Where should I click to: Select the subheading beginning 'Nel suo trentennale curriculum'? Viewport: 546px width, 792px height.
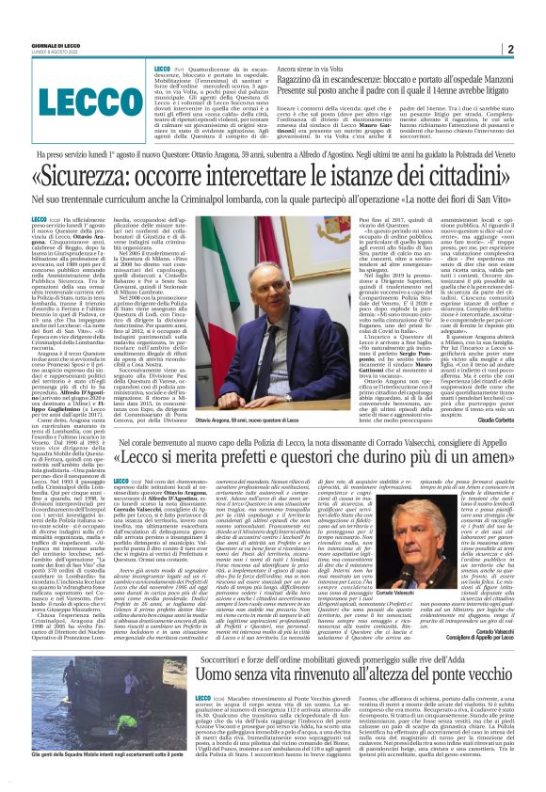click(x=272, y=200)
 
